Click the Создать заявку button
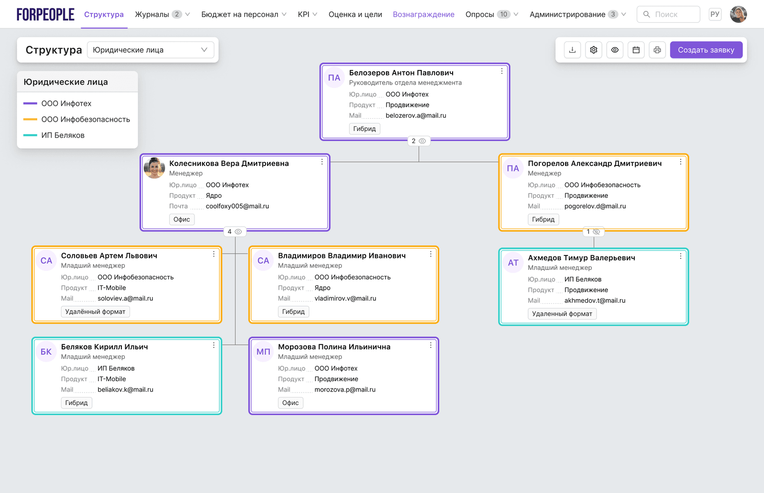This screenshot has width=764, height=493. pos(706,50)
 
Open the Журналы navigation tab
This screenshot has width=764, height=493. pos(162,14)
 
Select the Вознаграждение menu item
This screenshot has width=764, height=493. pos(424,14)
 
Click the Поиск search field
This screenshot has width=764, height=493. pos(668,14)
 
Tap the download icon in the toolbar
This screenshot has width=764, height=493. pos(573,50)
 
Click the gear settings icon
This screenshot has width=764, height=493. pos(593,50)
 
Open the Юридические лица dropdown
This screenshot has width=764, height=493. pos(150,50)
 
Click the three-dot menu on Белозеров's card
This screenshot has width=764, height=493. pos(502,71)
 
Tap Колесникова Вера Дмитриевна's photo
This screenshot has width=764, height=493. pos(154,168)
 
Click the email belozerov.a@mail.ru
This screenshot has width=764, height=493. pos(416,115)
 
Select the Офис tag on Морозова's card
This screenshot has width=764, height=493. pos(290,403)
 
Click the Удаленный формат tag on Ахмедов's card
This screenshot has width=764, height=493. pos(562,314)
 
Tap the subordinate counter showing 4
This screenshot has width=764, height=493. pos(235,232)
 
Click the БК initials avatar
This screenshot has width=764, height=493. pos(46,351)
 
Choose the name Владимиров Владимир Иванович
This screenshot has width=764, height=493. pos(342,255)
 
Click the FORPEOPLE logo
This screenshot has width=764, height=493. pos(45,14)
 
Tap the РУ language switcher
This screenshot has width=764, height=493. pos(715,14)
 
